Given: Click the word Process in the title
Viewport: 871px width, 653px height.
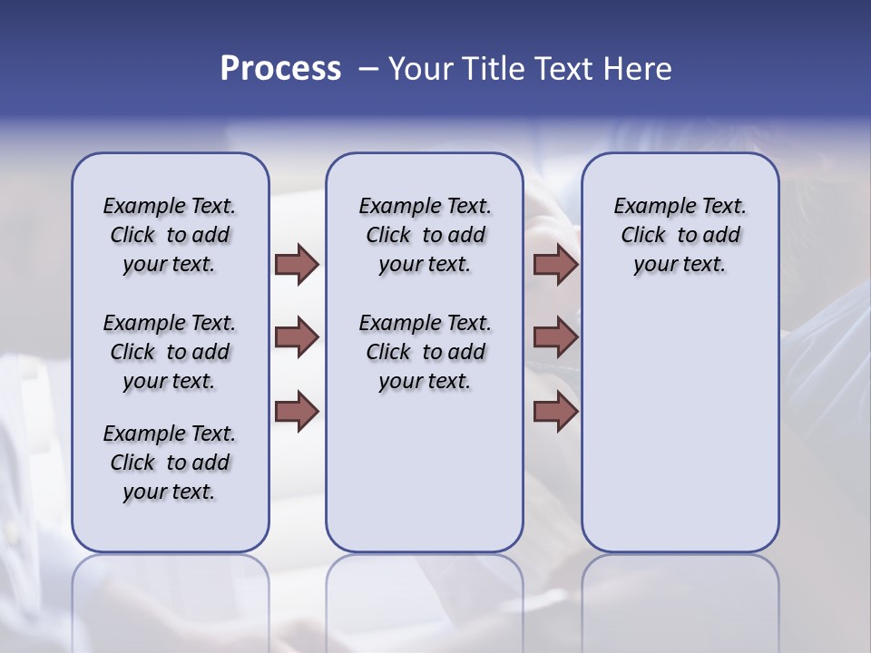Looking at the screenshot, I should click(280, 69).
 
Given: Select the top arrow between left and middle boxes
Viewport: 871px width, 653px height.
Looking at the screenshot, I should click(297, 264).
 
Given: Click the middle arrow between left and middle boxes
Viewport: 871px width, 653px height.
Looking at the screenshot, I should click(297, 337).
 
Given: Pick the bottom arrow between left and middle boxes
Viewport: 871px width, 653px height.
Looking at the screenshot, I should click(297, 411).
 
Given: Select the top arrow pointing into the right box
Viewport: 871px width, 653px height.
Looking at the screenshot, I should click(555, 264).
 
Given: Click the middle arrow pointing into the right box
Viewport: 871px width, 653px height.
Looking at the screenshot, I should click(555, 337).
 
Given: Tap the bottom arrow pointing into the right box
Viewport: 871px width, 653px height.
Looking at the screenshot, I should click(555, 411).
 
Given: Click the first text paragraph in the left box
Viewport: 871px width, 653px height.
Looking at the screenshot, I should click(170, 235).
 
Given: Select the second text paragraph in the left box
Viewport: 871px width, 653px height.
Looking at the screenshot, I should click(170, 352).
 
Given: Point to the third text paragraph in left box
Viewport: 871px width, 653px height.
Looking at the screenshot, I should click(170, 463).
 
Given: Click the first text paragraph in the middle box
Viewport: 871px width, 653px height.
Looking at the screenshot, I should click(425, 235).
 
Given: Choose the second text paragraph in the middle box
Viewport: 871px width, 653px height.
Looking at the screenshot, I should click(425, 352).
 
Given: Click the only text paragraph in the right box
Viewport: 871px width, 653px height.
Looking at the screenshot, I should click(680, 235).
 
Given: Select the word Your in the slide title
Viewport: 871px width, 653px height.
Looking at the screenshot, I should click(419, 69).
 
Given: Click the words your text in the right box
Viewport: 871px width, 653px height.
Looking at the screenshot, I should click(680, 264).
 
